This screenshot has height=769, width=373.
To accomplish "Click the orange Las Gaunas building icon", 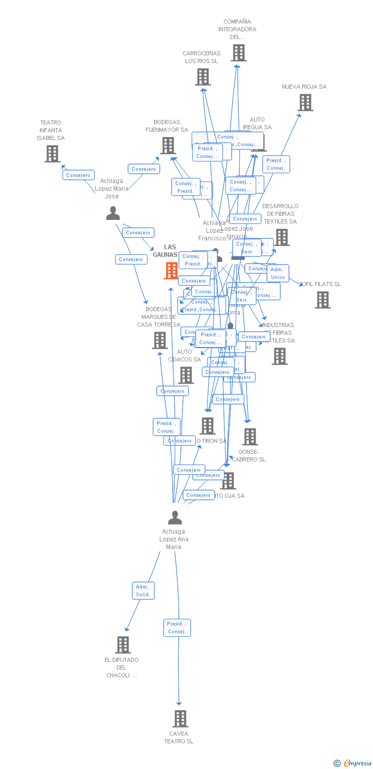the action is [x=171, y=270].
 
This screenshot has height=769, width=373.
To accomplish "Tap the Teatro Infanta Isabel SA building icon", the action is [x=52, y=153].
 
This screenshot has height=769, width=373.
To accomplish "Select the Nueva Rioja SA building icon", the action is [x=305, y=103].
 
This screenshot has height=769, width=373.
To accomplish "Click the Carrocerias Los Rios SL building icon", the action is [x=203, y=77].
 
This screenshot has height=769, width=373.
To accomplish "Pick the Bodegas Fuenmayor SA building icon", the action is [x=168, y=146].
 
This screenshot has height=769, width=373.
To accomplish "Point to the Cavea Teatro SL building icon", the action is [x=180, y=719].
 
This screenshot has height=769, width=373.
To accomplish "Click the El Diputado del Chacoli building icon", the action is [x=123, y=644].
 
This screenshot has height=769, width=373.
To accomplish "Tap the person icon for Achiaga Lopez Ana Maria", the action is [x=175, y=518].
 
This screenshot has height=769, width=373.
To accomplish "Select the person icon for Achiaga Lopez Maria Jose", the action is [x=113, y=213].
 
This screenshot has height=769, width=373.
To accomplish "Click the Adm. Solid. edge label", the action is [x=143, y=591].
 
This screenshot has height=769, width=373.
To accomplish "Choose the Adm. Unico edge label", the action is [x=278, y=273].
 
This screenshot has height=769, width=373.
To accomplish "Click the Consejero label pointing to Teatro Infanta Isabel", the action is [x=78, y=175].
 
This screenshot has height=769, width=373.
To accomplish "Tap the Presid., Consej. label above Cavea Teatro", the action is [x=177, y=628].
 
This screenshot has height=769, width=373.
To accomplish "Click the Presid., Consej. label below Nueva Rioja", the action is [x=276, y=164].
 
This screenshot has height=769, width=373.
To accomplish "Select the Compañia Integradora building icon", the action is [x=238, y=53].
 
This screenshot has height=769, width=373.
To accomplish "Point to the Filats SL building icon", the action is [x=323, y=300].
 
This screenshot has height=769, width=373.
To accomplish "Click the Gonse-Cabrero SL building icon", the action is [x=250, y=437].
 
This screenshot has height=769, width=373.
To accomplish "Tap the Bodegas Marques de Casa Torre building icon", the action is [x=160, y=340].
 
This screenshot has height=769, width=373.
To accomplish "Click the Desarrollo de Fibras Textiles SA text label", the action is [x=280, y=214].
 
